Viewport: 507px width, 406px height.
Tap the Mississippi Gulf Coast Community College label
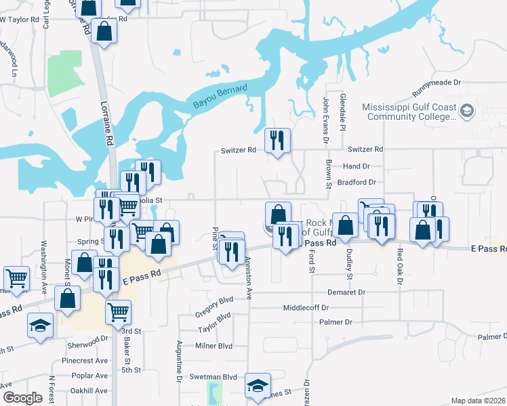point(409,112)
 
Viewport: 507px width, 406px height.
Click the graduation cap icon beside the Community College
point(466,110)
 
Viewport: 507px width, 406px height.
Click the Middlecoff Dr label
point(315,307)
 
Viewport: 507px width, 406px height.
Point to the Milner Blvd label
point(215,346)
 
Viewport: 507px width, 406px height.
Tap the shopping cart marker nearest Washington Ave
point(17,277)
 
